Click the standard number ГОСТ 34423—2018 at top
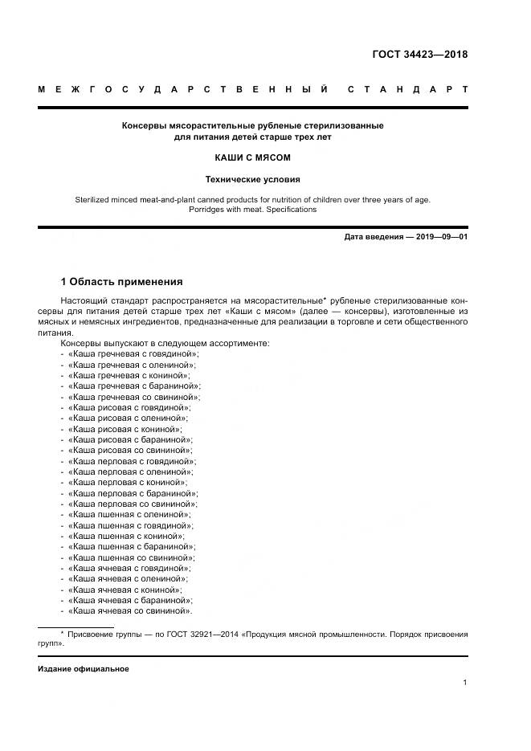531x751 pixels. pos(419,55)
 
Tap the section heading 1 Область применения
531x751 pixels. pos(122,282)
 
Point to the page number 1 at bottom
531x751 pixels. pos(465,683)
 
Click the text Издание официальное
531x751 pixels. pos(84,668)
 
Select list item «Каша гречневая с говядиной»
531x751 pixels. pos(133,353)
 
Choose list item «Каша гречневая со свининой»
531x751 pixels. pos(134,397)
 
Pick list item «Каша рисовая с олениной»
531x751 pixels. pos(129,418)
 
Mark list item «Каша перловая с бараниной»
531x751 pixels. pos(133,493)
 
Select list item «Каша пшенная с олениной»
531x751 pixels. pos(129,514)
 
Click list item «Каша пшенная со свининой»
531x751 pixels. pos(131,557)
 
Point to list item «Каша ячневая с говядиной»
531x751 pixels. pos(131,568)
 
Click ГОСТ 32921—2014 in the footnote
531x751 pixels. pos(183,635)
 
